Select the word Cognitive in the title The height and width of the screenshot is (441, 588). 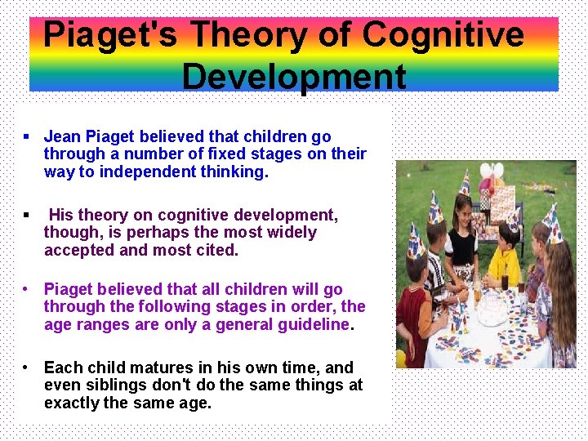pyautogui.click(x=443, y=36)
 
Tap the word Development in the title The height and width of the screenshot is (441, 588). pyautogui.click(x=294, y=77)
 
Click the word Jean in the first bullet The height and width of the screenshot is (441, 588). pyautogui.click(x=62, y=136)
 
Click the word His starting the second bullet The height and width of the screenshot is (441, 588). pyautogui.click(x=60, y=215)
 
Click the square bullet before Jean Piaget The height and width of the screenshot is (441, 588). pyautogui.click(x=27, y=136)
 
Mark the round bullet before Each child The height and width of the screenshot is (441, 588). pyautogui.click(x=27, y=367)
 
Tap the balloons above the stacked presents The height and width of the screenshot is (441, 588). pyautogui.click(x=492, y=175)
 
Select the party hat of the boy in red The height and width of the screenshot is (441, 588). pyautogui.click(x=414, y=240)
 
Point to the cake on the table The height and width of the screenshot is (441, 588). pyautogui.click(x=492, y=305)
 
